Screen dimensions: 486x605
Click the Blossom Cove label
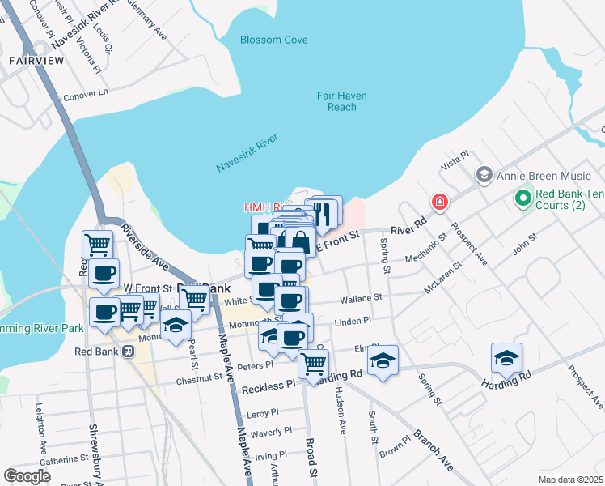tap(273, 40)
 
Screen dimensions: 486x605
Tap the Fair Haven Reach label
tap(341, 101)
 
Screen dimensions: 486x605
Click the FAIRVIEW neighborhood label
tap(36, 60)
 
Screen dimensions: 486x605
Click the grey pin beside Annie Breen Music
tap(484, 173)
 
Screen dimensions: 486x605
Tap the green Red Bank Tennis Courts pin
tap(522, 197)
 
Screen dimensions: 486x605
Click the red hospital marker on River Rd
tap(439, 201)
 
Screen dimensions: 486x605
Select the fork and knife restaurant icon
tap(325, 213)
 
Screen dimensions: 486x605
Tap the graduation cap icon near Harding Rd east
tap(506, 357)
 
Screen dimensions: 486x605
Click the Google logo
tap(27, 475)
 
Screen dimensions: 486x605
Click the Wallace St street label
tap(361, 298)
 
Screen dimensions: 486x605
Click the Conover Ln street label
tap(86, 94)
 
